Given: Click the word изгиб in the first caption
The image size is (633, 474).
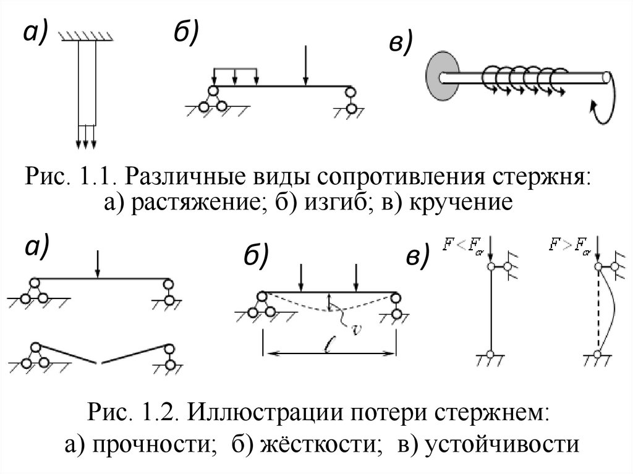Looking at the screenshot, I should (333, 203).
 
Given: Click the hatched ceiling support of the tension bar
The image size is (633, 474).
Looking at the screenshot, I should (86, 38).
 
